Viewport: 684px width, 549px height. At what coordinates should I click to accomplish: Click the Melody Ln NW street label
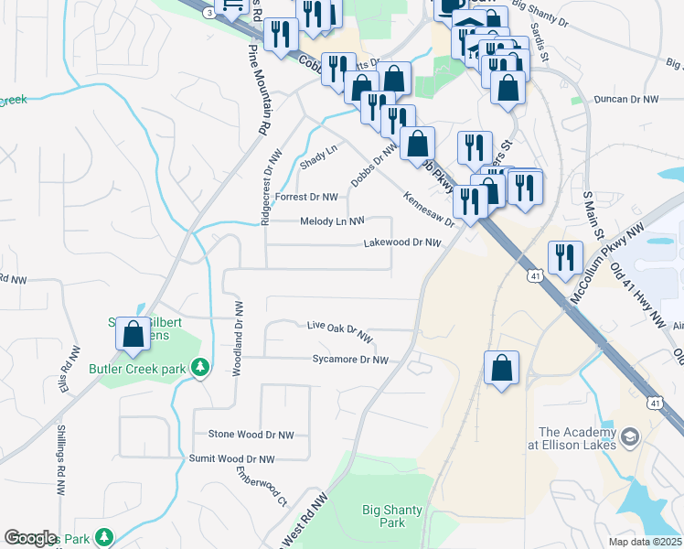click(332, 221)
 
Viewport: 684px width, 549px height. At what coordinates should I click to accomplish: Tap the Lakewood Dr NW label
click(402, 242)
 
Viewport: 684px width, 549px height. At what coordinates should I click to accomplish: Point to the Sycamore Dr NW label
click(350, 360)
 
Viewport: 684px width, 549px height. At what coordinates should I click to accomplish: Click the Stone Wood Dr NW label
click(251, 435)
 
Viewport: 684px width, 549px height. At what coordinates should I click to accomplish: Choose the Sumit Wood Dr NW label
click(231, 458)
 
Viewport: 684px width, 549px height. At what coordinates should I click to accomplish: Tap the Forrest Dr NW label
click(306, 196)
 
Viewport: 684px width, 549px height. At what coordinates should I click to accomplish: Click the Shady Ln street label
click(318, 156)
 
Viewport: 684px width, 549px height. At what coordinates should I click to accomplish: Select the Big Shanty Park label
click(384, 517)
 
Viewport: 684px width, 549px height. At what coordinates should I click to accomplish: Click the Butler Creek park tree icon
click(201, 369)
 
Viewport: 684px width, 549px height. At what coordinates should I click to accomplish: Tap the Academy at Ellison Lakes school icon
click(630, 438)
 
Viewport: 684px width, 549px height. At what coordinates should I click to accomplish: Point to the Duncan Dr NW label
click(625, 98)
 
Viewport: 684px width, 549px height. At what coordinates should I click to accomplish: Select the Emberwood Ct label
click(261, 488)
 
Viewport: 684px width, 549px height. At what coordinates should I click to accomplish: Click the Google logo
click(30, 538)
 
